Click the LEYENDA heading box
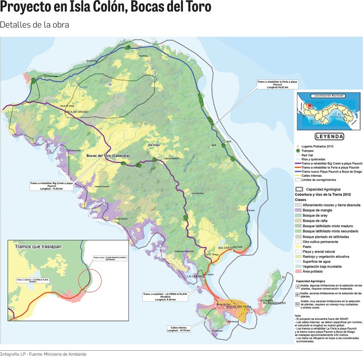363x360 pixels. pyautogui.click(x=329, y=137)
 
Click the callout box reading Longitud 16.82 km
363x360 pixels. pyautogui.click(x=277, y=85)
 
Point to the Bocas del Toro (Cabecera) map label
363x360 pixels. pyautogui.click(x=108, y=156)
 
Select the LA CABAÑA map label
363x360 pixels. pyautogui.click(x=195, y=276)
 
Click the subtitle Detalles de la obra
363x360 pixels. pyautogui.click(x=35, y=25)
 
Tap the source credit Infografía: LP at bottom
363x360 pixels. pyautogui.click(x=43, y=354)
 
